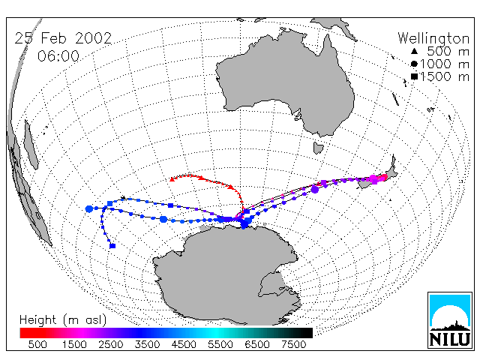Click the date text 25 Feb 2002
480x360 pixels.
tap(63, 38)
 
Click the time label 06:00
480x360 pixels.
tap(58, 56)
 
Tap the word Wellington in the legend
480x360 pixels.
tap(433, 38)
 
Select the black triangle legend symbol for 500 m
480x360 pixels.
tap(414, 51)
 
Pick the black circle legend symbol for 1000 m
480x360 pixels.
tap(414, 64)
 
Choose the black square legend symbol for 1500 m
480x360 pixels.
tap(414, 76)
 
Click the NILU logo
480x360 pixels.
tap(450, 320)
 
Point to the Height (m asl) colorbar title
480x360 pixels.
tap(63, 320)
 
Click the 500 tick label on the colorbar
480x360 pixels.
tap(37, 344)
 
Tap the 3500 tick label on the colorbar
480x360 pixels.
tap(147, 344)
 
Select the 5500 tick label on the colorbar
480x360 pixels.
tap(220, 344)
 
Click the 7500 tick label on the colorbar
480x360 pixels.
tap(293, 344)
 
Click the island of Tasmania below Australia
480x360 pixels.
tap(318, 148)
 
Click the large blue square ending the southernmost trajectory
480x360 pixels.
tap(112, 246)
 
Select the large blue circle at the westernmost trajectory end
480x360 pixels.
tap(89, 209)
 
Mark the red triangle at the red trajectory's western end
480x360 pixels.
tap(172, 179)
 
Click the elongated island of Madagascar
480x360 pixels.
tap(31, 145)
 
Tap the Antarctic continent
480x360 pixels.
tap(226, 275)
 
